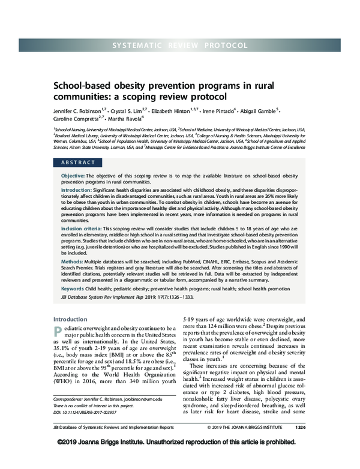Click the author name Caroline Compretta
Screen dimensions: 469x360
point(77,120)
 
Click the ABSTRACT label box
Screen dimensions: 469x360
point(79,163)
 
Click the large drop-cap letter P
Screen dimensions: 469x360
point(58,333)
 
